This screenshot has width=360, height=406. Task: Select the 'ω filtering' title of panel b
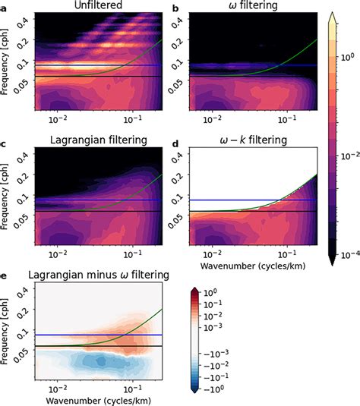250,7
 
